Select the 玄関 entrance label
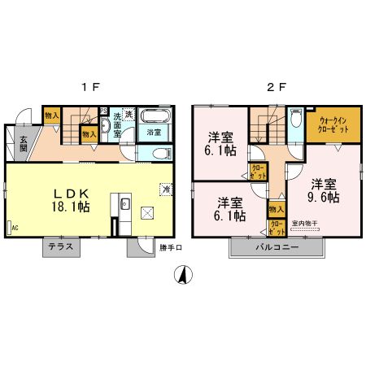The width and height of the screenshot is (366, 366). (24, 142)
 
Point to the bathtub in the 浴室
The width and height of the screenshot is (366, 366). (152, 115)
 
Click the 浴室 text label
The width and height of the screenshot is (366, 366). (152, 131)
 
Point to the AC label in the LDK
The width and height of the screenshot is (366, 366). (14, 229)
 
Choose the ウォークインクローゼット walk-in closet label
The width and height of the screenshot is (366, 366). (329, 124)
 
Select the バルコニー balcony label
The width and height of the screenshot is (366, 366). (277, 246)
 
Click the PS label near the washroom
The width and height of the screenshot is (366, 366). (103, 111)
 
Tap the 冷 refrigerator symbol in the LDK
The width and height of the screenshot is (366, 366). (165, 190)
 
